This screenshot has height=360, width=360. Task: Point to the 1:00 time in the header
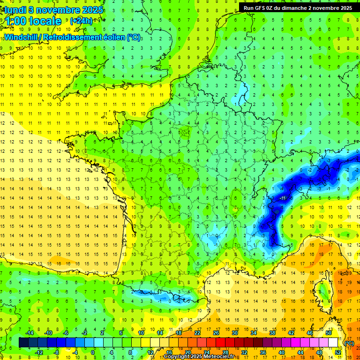click(x=15, y=21)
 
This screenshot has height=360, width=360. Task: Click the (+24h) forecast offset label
click(x=81, y=21)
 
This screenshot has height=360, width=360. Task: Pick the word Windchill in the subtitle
click(x=24, y=37)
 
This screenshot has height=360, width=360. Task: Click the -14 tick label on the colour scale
click(x=30, y=333)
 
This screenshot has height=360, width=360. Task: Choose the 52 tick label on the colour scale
click(x=338, y=352)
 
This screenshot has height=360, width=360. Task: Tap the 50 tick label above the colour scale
click(x=329, y=333)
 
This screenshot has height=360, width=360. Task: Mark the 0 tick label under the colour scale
click(x=93, y=352)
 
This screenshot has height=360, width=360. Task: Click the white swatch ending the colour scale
click(x=333, y=343)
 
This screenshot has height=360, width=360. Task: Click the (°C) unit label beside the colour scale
click(x=349, y=343)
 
